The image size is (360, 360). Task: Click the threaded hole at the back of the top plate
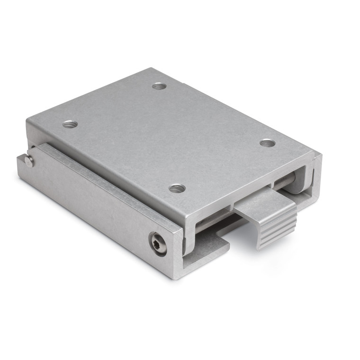point(159,86)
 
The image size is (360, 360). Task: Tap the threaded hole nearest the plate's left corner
point(70,124)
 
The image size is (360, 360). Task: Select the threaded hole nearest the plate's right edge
point(267,143)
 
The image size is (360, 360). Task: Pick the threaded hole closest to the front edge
point(177,188)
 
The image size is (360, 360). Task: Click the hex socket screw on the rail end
point(158,243)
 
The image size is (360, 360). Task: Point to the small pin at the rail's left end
point(29,162)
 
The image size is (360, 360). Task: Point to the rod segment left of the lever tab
point(213,222)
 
